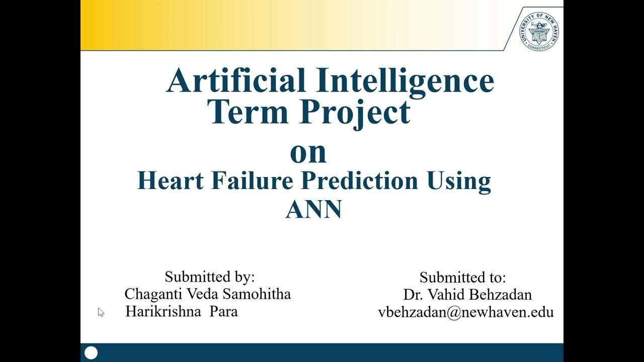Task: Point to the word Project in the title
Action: point(355,113)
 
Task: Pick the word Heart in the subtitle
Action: point(170,181)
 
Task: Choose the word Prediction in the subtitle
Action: point(359,181)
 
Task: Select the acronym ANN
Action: point(313,209)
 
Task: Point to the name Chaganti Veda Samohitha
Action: point(207,294)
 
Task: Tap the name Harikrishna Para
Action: point(181,311)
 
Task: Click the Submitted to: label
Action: point(462,278)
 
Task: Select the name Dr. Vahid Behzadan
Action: point(467,295)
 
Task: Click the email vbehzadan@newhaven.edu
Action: point(465,312)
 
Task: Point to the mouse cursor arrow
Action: point(101,312)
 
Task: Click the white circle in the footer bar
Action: point(91,353)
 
